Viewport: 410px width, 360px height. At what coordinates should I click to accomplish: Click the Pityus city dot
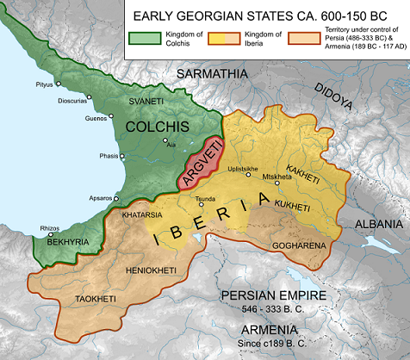(x=56, y=84)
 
